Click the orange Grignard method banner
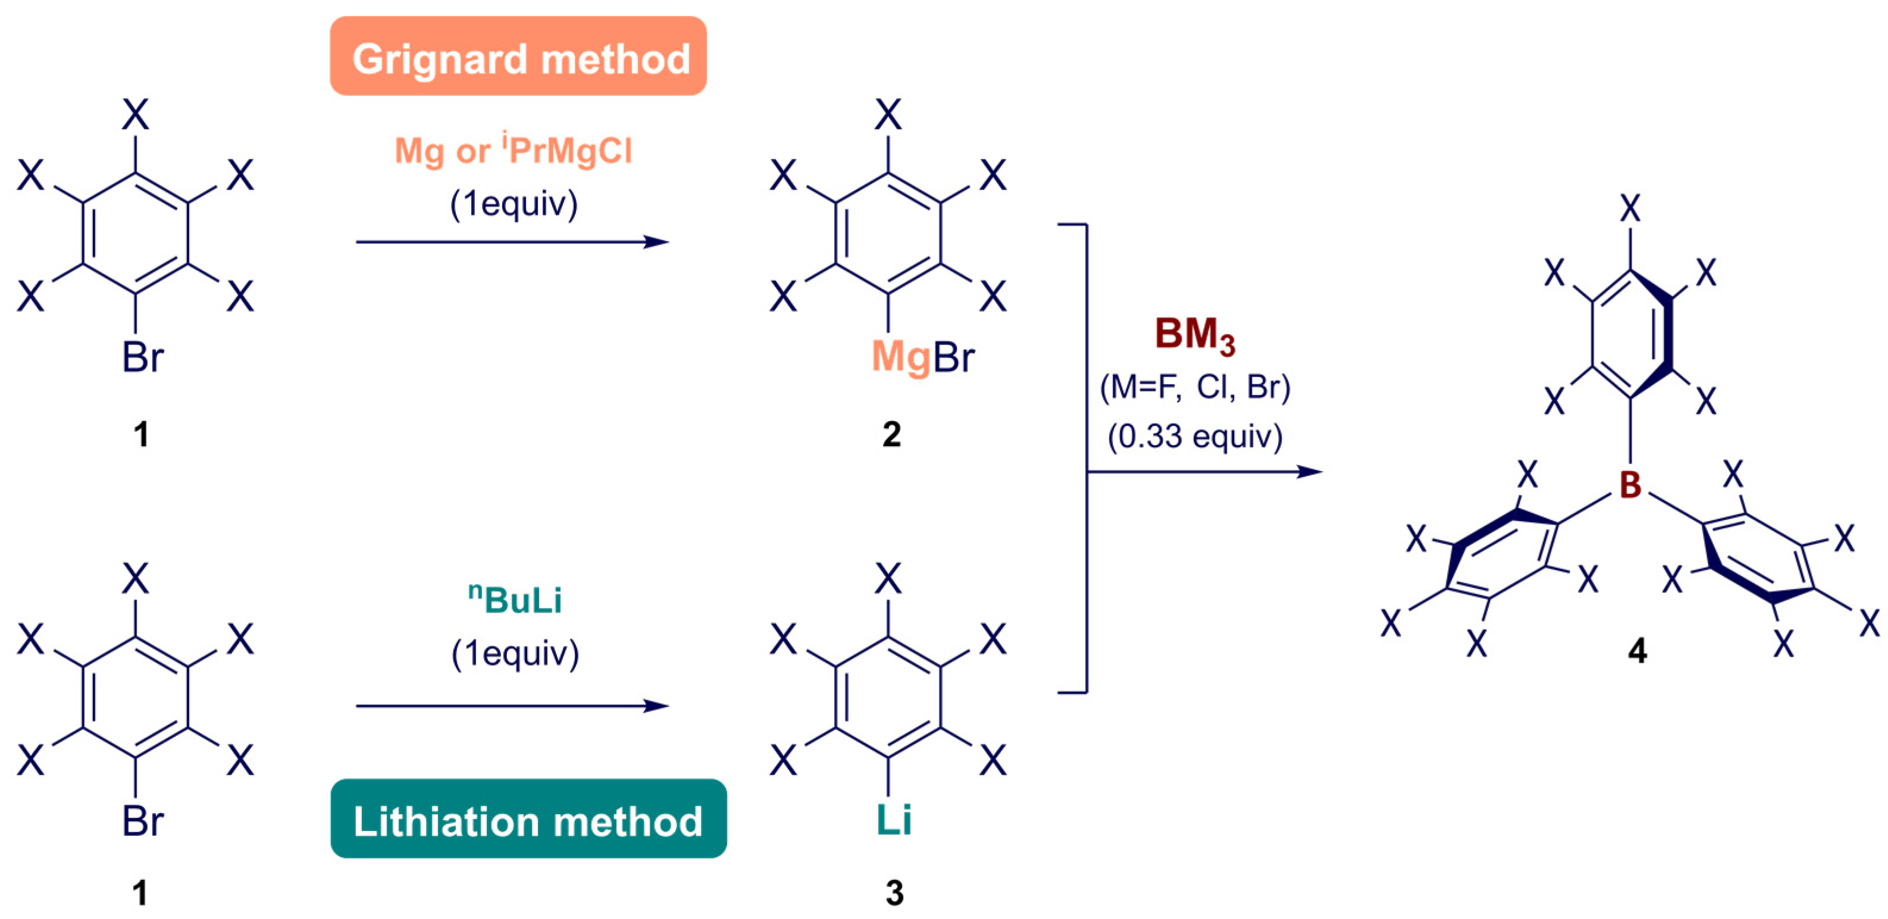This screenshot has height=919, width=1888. [x=518, y=57]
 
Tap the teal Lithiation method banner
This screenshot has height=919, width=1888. [x=528, y=818]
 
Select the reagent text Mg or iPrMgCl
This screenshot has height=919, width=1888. [x=513, y=151]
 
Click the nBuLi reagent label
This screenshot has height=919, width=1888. [x=515, y=600]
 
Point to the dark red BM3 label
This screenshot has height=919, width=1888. [x=1195, y=335]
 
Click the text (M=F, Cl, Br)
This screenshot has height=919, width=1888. [x=1195, y=387]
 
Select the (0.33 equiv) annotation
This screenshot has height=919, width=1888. [x=1195, y=437]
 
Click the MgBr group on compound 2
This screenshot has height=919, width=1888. [x=922, y=357]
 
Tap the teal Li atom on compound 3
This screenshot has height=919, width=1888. [x=894, y=819]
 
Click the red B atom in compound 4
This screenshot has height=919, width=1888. [x=1630, y=484]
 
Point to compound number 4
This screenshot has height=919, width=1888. [x=1637, y=650]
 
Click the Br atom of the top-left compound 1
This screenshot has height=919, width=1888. [x=142, y=357]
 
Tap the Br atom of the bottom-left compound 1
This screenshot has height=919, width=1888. [x=142, y=820]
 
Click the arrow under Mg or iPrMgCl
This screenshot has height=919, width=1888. [x=512, y=242]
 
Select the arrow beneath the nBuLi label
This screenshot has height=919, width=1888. [x=512, y=705]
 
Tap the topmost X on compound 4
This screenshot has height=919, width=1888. [x=1630, y=209]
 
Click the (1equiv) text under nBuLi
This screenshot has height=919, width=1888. [x=515, y=653]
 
